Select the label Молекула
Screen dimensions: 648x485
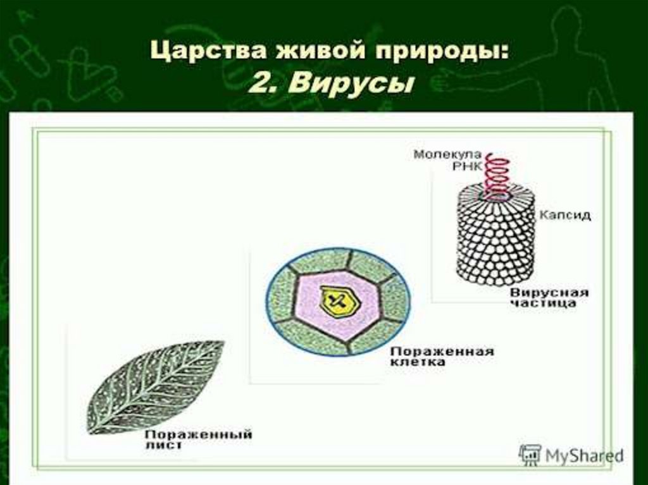[x=447, y=154]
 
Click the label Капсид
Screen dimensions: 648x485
[x=564, y=215]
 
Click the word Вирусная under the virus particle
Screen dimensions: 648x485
[x=549, y=293]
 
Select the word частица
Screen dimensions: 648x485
[x=544, y=304]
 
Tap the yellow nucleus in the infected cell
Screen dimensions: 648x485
[x=339, y=300]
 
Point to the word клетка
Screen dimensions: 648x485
[x=418, y=363]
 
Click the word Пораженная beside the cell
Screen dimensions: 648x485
[x=441, y=352]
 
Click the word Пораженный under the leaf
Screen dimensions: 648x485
[x=198, y=434]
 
